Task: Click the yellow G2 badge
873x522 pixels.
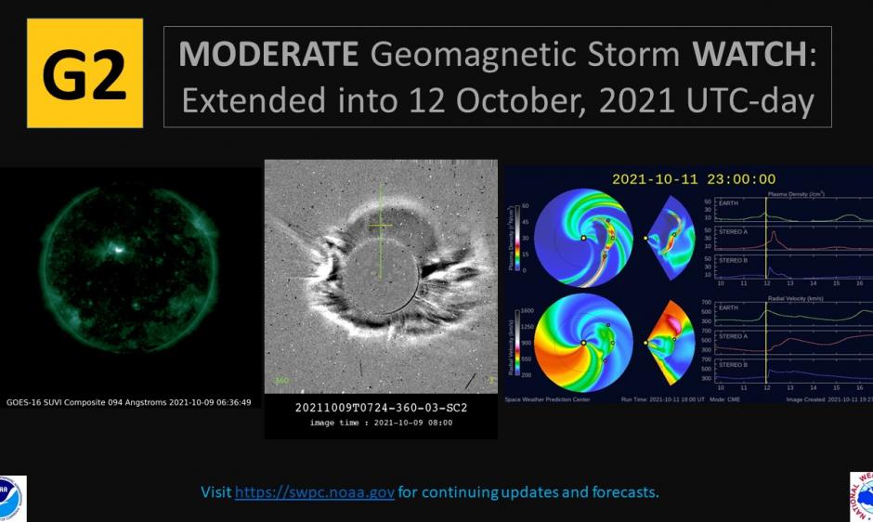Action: point(85,73)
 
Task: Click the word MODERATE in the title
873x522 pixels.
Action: point(267,55)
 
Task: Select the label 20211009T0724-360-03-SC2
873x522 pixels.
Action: point(381,408)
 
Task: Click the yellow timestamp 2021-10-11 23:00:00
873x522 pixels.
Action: point(692,179)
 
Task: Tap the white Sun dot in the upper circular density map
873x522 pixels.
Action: point(583,238)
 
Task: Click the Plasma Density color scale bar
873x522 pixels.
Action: point(525,238)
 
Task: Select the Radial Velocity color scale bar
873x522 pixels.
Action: point(525,342)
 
